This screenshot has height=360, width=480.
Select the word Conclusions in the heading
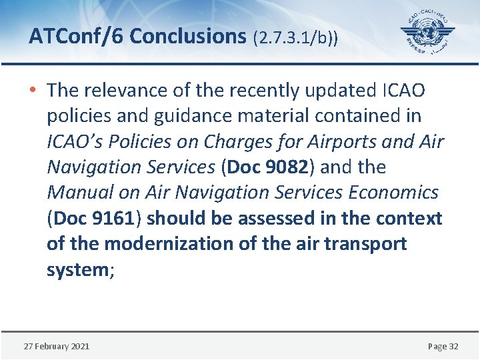click(188, 37)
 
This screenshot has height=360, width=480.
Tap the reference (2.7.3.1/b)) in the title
click(295, 37)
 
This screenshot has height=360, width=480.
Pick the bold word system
click(75, 269)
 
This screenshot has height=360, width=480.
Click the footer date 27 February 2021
click(57, 346)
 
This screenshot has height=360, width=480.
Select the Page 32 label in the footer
click(443, 346)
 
